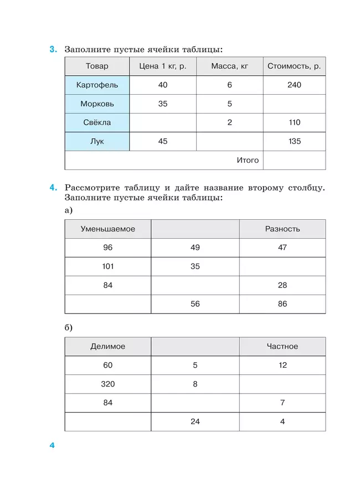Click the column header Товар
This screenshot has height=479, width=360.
pyautogui.click(x=97, y=66)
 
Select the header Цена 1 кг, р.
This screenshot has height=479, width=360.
pyautogui.click(x=162, y=66)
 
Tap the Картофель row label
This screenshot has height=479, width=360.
pyautogui.click(x=97, y=85)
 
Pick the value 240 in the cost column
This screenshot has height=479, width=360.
pyautogui.click(x=294, y=85)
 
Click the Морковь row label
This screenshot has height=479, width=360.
pyautogui.click(x=97, y=104)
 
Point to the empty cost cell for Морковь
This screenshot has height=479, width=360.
pyautogui.click(x=294, y=104)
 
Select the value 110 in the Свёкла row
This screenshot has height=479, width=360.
pyautogui.click(x=294, y=123)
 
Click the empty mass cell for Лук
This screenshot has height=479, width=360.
pyautogui.click(x=229, y=142)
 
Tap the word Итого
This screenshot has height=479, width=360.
pyautogui.click(x=248, y=161)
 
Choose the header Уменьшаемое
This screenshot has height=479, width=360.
pyautogui.click(x=107, y=229)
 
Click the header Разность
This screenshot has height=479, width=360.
pyautogui.click(x=282, y=229)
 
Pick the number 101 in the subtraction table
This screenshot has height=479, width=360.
pyautogui.click(x=107, y=266)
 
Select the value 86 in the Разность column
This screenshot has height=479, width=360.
pyautogui.click(x=282, y=304)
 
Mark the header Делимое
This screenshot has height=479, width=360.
pyautogui.click(x=107, y=347)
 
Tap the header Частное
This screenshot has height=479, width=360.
pyautogui.click(x=282, y=347)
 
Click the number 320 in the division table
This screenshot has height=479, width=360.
pyautogui.click(x=107, y=384)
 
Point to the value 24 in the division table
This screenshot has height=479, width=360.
pyautogui.click(x=195, y=422)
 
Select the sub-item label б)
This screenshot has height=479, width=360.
pyautogui.click(x=69, y=328)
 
